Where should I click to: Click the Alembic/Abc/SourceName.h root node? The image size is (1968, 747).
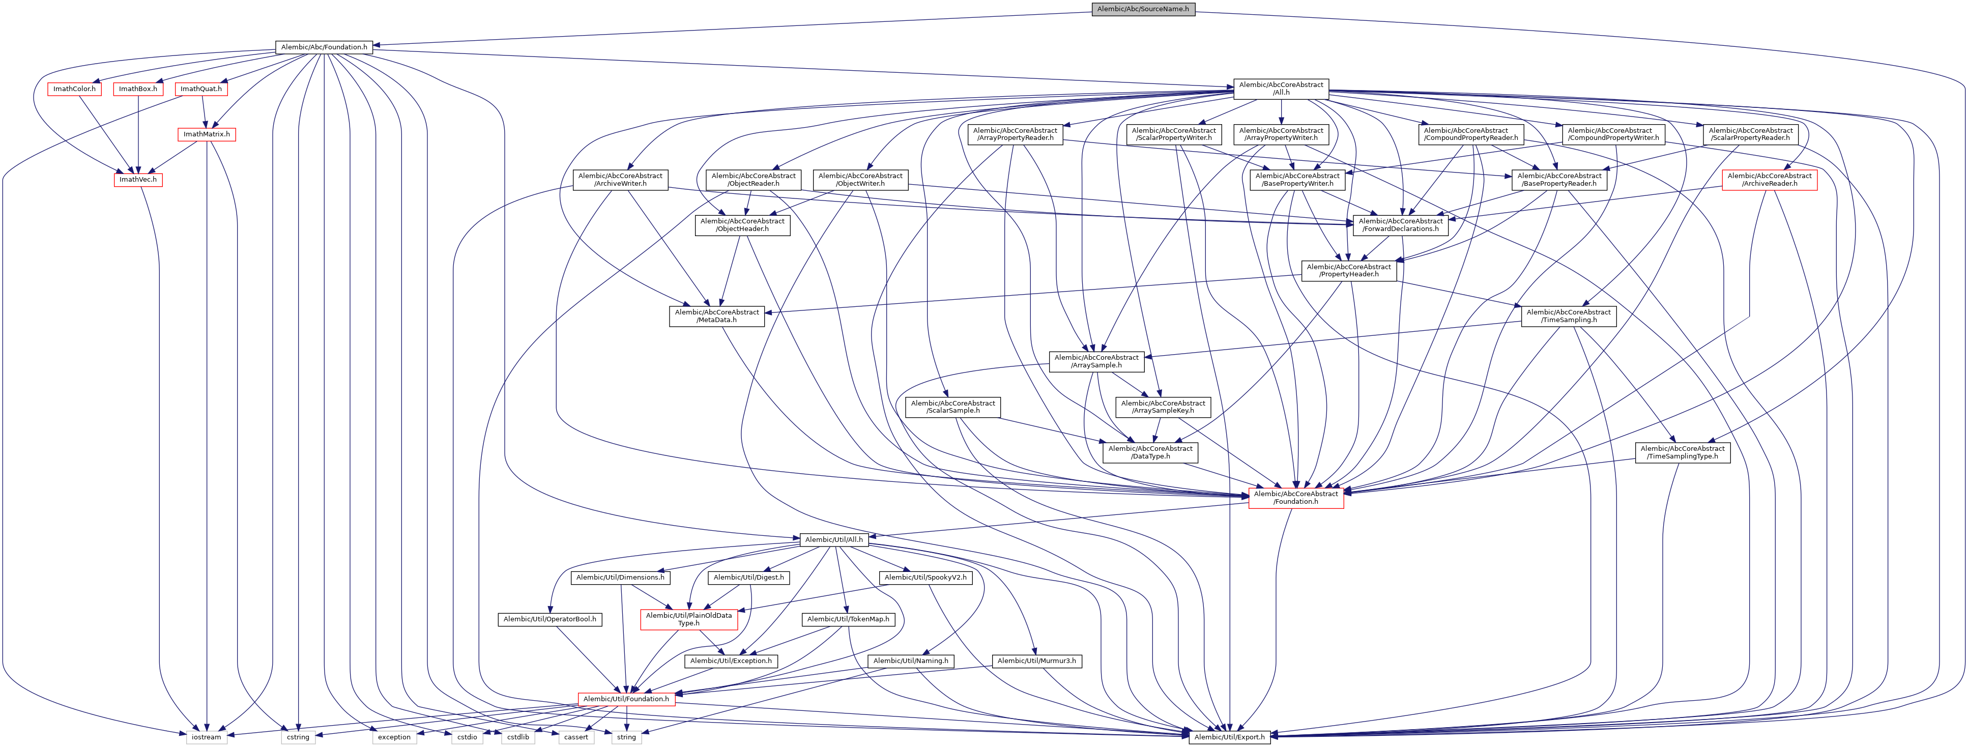coord(1142,9)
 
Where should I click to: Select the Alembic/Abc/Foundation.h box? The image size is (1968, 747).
coord(324,47)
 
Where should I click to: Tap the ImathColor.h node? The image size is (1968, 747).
coord(74,90)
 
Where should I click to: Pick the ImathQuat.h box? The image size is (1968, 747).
coord(201,90)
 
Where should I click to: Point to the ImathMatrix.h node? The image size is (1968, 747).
coord(206,134)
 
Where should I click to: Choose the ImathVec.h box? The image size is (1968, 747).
coord(137,180)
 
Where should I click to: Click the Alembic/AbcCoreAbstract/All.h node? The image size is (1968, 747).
coord(1281,89)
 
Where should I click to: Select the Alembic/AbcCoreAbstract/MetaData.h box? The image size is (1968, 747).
coord(716,316)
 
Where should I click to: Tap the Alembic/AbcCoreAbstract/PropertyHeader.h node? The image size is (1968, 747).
coord(1348,270)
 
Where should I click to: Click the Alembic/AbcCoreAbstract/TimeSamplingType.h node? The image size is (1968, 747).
coord(1682,452)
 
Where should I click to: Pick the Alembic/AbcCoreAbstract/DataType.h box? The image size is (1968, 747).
coord(1150,452)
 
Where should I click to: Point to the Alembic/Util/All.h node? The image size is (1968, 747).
coord(833,540)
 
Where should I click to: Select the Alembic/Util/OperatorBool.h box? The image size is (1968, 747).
coord(549,619)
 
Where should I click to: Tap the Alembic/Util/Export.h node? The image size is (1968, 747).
coord(1229,737)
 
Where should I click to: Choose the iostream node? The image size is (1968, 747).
coord(206,737)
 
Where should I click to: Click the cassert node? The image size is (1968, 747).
coord(576,737)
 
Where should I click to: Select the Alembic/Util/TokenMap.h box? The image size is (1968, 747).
coord(848,619)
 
